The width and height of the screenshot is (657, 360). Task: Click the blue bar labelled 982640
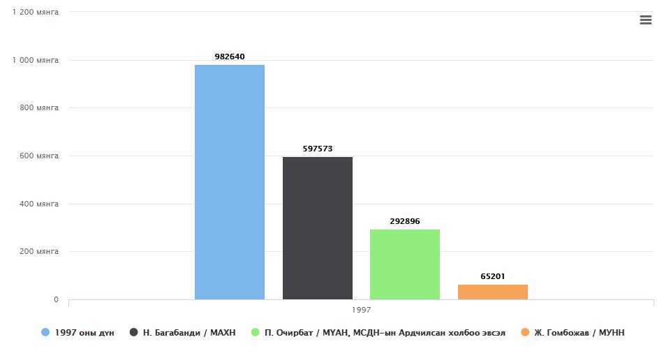point(230,182)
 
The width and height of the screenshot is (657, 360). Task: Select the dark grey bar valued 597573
point(318,228)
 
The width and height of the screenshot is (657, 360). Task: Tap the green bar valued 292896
point(405,264)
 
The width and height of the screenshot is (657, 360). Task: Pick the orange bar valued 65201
point(493,292)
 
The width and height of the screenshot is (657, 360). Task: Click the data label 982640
point(230,57)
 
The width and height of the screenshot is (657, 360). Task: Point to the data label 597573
point(318,149)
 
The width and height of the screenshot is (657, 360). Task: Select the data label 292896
point(405,221)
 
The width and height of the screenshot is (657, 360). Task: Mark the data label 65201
point(493,276)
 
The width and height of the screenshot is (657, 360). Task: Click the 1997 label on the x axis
point(361,309)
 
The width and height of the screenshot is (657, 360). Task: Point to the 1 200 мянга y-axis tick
point(36,13)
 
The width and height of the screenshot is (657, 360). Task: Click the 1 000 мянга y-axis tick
point(36,60)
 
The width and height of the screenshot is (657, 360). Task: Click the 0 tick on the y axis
point(56,300)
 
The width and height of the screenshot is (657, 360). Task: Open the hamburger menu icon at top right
point(645,20)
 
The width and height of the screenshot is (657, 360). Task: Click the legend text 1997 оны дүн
point(84,333)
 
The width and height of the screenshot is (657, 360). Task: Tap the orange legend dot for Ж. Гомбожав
point(524,333)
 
